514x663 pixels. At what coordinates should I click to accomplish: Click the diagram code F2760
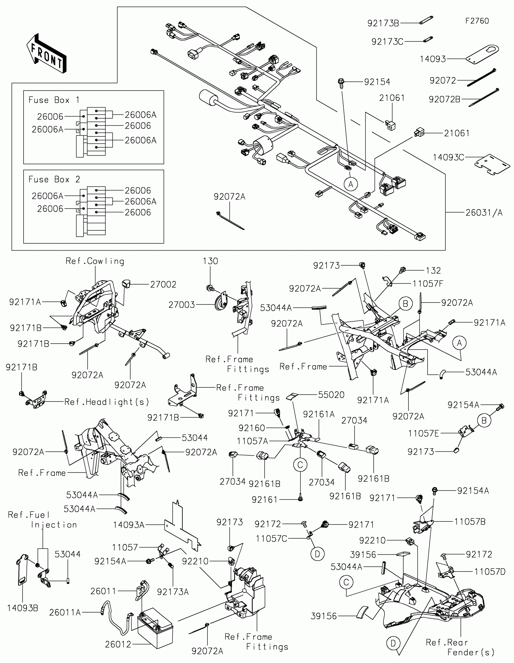click(477, 21)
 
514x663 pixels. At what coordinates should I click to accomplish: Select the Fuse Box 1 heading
click(54, 100)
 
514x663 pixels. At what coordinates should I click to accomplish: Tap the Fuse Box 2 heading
click(54, 179)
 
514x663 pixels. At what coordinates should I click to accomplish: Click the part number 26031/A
click(484, 213)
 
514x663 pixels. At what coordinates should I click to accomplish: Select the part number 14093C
click(448, 157)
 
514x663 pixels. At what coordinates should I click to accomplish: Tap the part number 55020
click(331, 395)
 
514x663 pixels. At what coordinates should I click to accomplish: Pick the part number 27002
click(163, 284)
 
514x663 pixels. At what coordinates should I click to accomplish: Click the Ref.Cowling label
click(95, 261)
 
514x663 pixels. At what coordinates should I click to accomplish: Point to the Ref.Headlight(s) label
click(107, 402)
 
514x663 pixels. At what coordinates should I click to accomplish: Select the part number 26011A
click(65, 613)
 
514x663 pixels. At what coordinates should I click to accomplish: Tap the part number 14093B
click(23, 608)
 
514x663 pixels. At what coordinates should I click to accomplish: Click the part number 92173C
click(388, 42)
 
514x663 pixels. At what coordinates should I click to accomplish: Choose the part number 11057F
click(428, 284)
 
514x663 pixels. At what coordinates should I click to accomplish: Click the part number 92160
click(252, 428)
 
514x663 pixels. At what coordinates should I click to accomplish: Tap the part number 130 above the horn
click(210, 261)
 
